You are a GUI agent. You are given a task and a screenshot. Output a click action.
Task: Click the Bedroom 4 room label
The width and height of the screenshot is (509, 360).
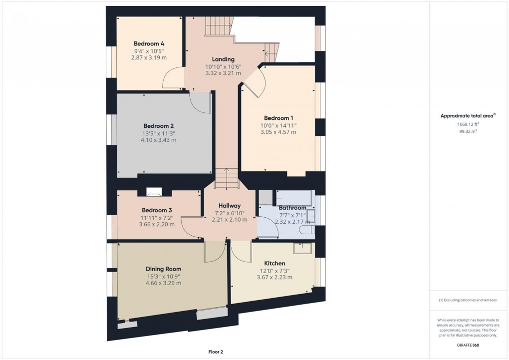149,43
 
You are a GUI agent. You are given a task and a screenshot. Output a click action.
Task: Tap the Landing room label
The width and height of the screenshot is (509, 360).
223,59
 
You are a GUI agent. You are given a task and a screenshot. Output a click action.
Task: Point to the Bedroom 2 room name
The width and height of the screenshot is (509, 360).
158,126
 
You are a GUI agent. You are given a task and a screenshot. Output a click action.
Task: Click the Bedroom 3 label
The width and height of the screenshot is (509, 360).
156,210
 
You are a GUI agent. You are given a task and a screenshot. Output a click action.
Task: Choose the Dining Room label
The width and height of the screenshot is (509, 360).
163,269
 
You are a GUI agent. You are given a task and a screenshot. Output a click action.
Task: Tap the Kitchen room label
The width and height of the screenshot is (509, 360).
274,263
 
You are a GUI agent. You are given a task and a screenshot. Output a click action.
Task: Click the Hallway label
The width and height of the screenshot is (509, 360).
230,205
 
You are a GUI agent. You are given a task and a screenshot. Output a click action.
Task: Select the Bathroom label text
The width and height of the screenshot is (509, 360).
292,208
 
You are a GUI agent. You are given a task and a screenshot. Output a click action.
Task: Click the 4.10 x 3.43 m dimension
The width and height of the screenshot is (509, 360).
158,140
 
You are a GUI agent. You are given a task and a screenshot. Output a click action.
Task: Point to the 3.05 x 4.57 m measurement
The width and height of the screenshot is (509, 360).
278,132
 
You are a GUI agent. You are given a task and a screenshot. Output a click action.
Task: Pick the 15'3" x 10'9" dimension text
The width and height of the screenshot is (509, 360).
163,276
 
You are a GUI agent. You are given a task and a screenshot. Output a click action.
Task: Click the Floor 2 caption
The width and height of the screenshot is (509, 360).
216,352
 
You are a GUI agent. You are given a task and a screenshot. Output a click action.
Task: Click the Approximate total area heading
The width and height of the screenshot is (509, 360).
467,116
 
